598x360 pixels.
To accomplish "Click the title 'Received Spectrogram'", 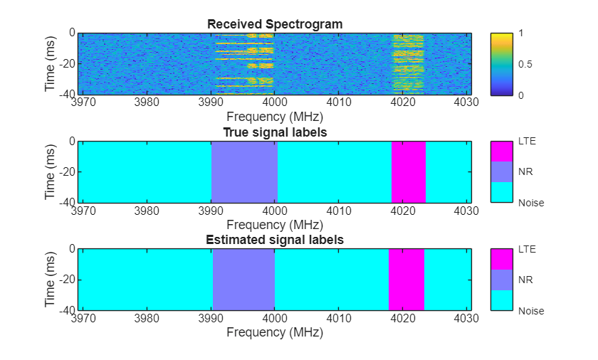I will coord(275,24).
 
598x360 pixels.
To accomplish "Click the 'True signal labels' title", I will coord(275,132).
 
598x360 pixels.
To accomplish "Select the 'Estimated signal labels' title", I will coord(275,240).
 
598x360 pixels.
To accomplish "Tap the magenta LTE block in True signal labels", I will coord(408,171).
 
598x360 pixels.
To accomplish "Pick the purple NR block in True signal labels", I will coord(244,171).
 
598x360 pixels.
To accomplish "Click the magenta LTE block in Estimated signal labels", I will coord(406,280).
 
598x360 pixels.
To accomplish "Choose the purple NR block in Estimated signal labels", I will coord(243,280).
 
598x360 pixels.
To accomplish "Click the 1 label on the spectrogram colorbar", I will coord(522,33).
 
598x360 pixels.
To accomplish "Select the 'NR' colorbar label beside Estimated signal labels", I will coord(525,280).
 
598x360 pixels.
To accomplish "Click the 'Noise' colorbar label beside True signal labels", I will coord(530,203).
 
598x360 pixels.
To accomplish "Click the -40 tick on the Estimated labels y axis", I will coord(65,311).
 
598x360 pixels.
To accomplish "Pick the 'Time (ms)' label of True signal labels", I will coord(51,171).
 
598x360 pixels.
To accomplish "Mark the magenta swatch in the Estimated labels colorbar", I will coord(501,259).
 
